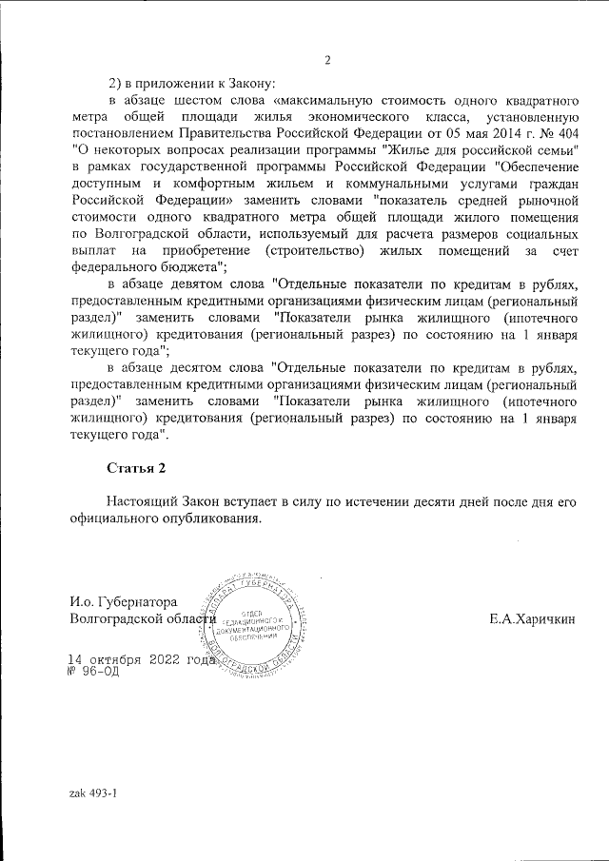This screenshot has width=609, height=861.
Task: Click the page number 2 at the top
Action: pyautogui.click(x=327, y=62)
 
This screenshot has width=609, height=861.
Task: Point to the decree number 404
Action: pyautogui.click(x=564, y=132)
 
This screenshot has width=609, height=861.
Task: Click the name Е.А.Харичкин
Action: pyautogui.click(x=533, y=619)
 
